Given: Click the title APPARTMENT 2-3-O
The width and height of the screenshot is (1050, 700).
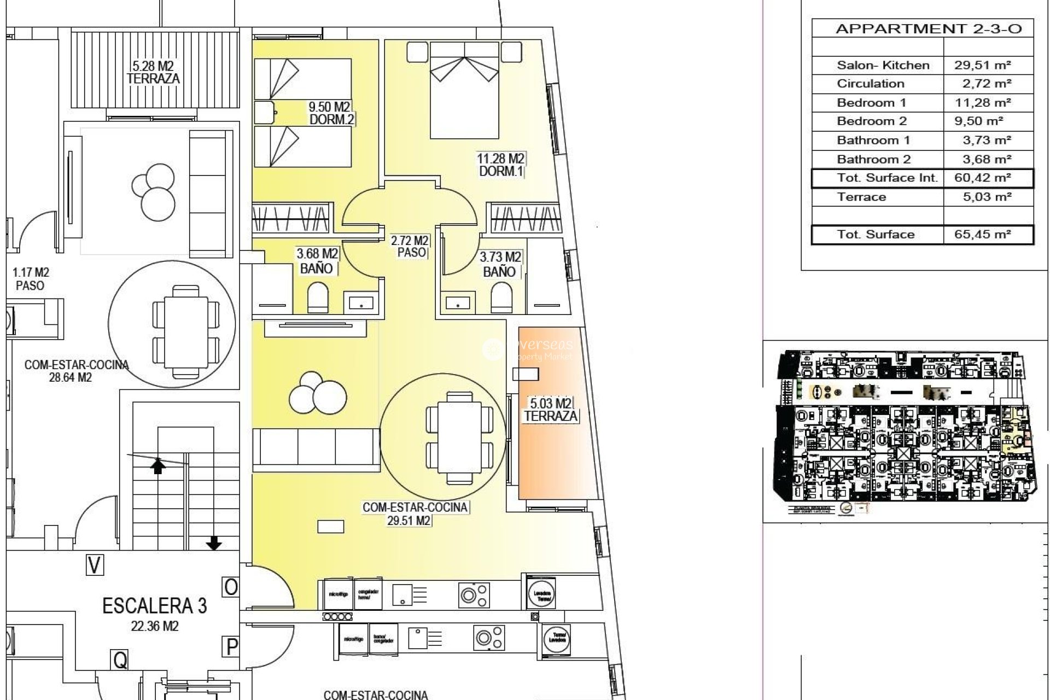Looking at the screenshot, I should coord(928,29).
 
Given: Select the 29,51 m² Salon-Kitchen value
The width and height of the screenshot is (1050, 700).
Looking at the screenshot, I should coord(982,65).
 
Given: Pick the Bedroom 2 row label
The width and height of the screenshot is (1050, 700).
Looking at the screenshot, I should coord(871,121).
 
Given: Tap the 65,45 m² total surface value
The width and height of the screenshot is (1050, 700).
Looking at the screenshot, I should coord(982,235).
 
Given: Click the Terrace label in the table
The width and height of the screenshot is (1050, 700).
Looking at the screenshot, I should coord(861,197).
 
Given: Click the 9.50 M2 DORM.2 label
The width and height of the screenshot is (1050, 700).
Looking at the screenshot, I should coord(330,113).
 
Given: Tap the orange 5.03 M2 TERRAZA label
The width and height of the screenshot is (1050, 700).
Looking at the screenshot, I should coord(551,410).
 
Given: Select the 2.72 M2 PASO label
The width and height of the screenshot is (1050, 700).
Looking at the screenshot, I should coord(410,247).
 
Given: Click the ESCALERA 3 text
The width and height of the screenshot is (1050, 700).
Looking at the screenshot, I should coord(154,606).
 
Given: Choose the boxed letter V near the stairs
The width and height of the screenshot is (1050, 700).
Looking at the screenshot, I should coord(95,565).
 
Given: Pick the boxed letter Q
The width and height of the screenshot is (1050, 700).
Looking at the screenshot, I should coord(120,660).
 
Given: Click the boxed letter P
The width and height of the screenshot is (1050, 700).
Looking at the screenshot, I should coord(231,647).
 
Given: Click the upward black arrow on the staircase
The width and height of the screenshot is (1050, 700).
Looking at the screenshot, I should coord(158,466).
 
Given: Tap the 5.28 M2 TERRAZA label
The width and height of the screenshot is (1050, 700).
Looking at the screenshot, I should coord(153,73).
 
